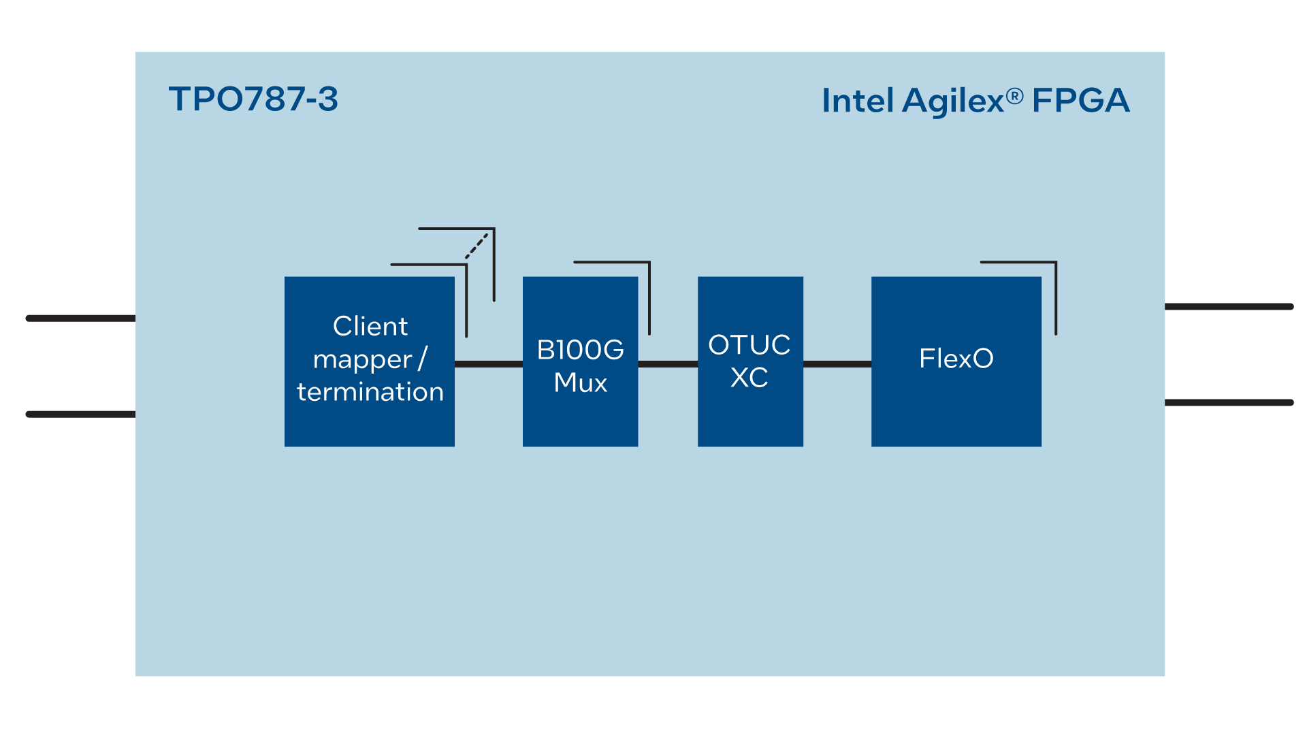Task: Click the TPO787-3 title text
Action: click(x=253, y=99)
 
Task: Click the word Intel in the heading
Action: click(x=857, y=101)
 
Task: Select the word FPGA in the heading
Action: click(x=1080, y=101)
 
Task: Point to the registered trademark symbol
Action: click(x=1014, y=96)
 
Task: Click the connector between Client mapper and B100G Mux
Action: click(x=488, y=364)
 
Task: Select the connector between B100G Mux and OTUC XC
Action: click(x=668, y=364)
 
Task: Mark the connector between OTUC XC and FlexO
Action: click(x=837, y=364)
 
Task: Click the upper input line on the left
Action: click(x=80, y=318)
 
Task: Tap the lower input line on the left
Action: click(x=80, y=414)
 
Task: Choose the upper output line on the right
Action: click(x=1229, y=307)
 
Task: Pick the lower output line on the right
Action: click(x=1229, y=403)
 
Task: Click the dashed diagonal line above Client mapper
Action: click(x=477, y=246)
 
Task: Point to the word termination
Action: click(x=370, y=392)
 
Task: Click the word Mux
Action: click(x=580, y=382)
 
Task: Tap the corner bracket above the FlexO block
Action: click(x=1055, y=286)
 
